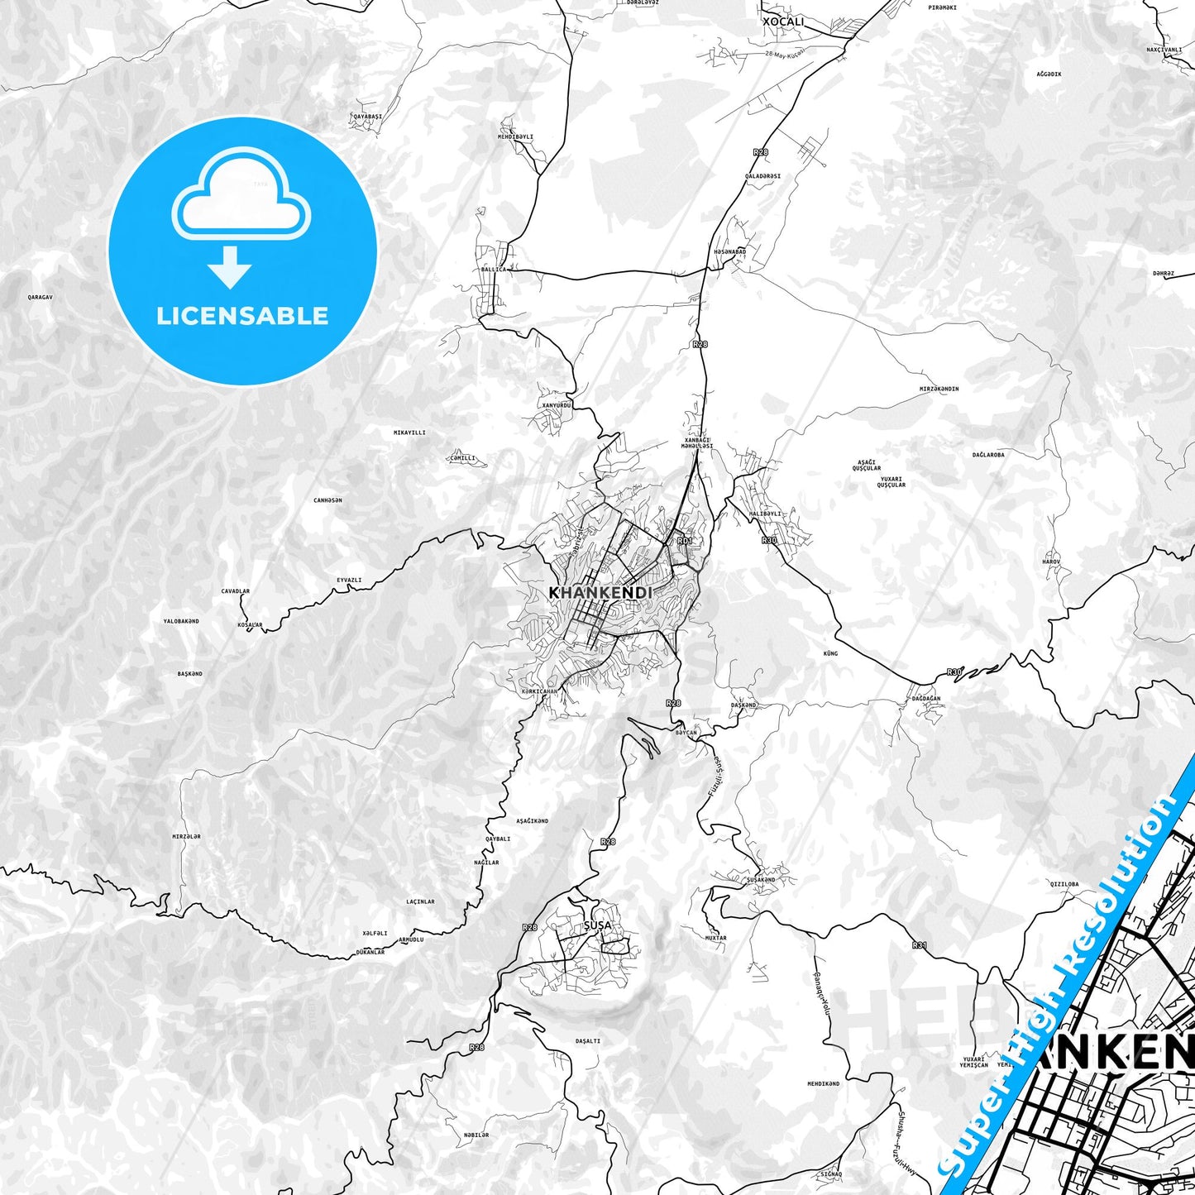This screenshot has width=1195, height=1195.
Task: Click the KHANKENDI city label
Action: click(x=600, y=593)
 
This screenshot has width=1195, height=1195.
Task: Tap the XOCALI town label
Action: click(x=782, y=21)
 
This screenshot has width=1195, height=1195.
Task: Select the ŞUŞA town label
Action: click(x=597, y=925)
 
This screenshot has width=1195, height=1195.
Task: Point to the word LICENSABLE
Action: click(x=242, y=315)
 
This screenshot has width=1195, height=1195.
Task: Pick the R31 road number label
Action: click(x=920, y=944)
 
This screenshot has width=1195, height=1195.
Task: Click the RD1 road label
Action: click(x=684, y=541)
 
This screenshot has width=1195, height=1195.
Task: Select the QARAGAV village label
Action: click(x=40, y=296)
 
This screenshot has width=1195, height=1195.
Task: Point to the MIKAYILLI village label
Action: click(x=409, y=433)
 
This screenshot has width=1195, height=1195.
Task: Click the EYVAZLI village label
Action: click(x=349, y=580)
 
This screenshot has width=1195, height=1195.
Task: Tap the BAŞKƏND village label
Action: click(x=189, y=674)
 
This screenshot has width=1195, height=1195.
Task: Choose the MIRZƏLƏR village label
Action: click(x=186, y=836)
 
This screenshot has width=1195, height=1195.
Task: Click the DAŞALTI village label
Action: click(x=587, y=1041)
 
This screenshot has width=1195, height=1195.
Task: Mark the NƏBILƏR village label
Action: click(x=476, y=1135)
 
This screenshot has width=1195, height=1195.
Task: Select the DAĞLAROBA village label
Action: click(x=988, y=455)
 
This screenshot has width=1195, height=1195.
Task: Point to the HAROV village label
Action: click(x=1051, y=562)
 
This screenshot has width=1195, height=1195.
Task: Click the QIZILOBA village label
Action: click(x=1064, y=884)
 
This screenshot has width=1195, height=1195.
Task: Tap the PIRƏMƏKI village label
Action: click(x=942, y=7)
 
